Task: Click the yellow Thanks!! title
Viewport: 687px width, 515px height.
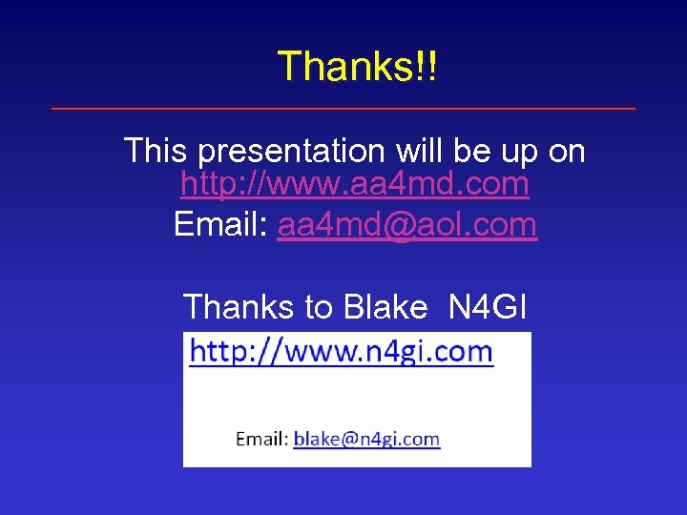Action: pyautogui.click(x=357, y=66)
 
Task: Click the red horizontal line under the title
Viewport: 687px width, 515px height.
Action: pyautogui.click(x=343, y=109)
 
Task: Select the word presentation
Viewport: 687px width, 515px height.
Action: pyautogui.click(x=288, y=151)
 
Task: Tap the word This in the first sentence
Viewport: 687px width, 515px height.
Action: pyautogui.click(x=157, y=150)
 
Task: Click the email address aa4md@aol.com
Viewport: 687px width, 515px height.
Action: pyautogui.click(x=407, y=225)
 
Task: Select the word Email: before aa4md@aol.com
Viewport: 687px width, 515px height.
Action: pyautogui.click(x=221, y=225)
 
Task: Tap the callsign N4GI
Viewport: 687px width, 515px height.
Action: pyautogui.click(x=487, y=307)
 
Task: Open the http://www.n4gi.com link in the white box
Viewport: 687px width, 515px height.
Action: pyautogui.click(x=341, y=352)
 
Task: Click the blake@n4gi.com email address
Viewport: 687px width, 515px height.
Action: pyautogui.click(x=366, y=439)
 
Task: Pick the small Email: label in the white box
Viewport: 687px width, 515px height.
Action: pyautogui.click(x=261, y=439)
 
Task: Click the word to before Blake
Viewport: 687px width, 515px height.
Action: pyautogui.click(x=318, y=307)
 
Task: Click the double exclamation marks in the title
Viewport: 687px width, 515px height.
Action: pyautogui.click(x=427, y=66)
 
